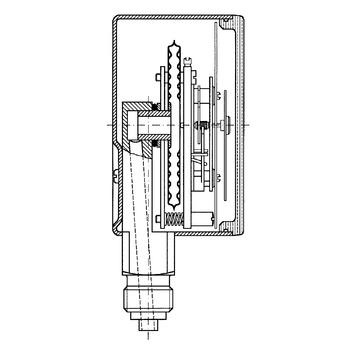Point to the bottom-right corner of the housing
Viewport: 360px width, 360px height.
243,241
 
